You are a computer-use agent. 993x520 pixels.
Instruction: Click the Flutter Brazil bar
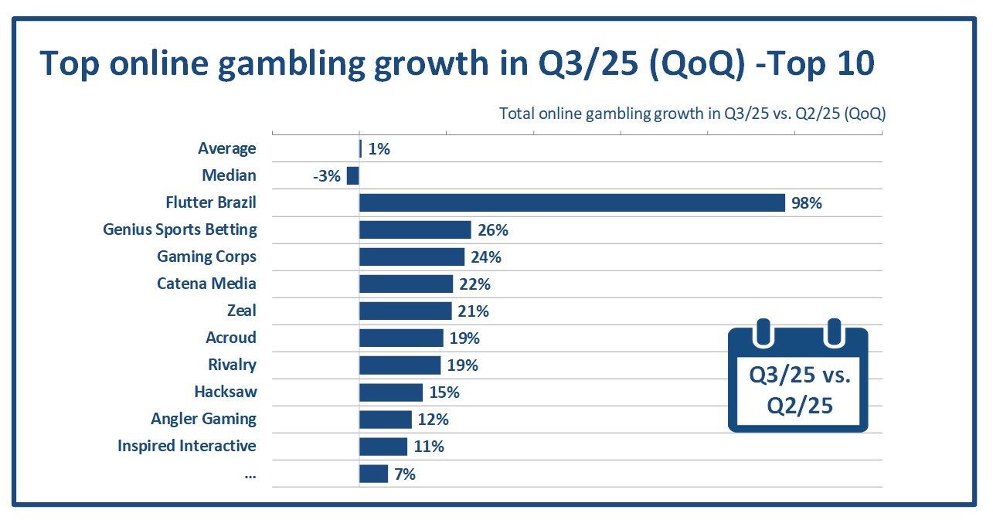(572, 203)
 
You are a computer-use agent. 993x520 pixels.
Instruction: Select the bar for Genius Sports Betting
(415, 230)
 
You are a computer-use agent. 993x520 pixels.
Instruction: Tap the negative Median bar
(353, 176)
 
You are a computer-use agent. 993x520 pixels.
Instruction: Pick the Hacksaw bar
(391, 393)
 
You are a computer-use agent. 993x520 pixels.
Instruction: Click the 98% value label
(806, 203)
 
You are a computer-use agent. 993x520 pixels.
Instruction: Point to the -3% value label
(326, 176)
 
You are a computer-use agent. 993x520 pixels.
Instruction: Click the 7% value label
(404, 474)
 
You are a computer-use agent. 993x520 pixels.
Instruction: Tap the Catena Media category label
(206, 284)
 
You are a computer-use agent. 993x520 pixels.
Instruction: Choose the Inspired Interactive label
(186, 446)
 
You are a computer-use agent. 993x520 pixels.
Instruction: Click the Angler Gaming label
(203, 419)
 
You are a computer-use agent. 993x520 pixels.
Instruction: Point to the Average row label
(226, 148)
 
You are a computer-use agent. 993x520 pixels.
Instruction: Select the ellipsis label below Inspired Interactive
(250, 474)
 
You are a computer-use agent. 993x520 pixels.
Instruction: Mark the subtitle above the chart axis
(692, 114)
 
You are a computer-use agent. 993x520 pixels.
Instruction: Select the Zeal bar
(405, 311)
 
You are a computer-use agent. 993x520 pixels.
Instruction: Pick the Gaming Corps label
(206, 257)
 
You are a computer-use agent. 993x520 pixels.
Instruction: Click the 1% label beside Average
(379, 149)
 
